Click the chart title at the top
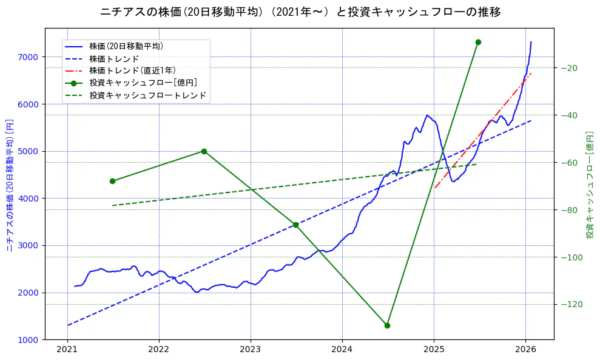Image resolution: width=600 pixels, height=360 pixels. coord(300,12)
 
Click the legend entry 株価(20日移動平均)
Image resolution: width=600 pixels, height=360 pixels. coord(126,46)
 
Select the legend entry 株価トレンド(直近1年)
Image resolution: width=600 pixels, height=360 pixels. coord(132,71)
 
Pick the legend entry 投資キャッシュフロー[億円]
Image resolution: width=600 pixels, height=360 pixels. coord(143,83)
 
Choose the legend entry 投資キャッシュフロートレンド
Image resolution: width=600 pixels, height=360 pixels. coord(147,96)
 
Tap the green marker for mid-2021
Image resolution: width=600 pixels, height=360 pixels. coord(112,181)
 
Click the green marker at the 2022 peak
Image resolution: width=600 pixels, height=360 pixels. coord(204,151)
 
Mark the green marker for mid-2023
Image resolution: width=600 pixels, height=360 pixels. coord(295,225)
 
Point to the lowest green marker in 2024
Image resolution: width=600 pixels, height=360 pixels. coord(387,325)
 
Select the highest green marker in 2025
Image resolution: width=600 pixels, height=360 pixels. coord(478,42)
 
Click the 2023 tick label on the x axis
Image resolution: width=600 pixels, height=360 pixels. coord(251,350)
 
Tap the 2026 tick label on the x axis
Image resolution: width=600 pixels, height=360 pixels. coord(525,350)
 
